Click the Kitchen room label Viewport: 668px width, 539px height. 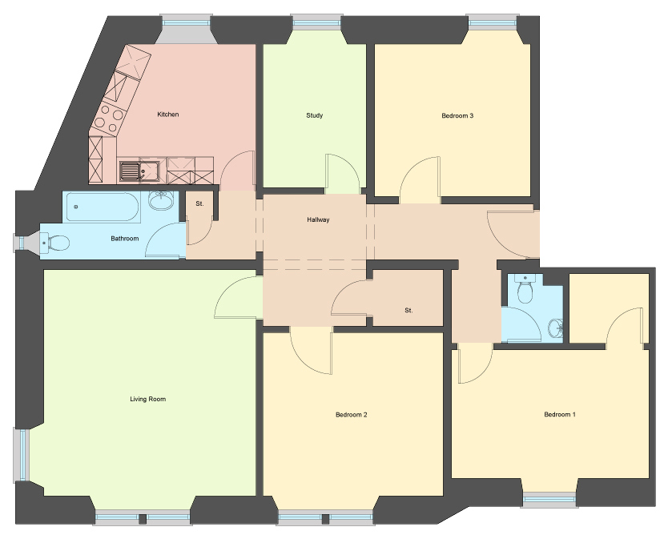168,115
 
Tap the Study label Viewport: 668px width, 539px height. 315,115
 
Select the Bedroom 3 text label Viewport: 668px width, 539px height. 457,115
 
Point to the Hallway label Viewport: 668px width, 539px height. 318,220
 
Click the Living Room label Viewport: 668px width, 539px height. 148,399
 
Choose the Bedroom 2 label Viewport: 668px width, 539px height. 351,415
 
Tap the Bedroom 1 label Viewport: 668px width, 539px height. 560,414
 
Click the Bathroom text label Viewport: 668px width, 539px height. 124,239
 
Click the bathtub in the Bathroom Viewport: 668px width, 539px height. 102,207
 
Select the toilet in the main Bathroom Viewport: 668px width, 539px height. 55,243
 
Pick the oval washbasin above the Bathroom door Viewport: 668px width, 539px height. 162,201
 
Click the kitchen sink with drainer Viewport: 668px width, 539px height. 139,171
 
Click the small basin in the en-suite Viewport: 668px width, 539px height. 556,328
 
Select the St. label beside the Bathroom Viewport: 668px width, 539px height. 199,203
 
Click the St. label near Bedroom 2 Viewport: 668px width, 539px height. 408,311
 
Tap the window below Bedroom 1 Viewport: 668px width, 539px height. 549,500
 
